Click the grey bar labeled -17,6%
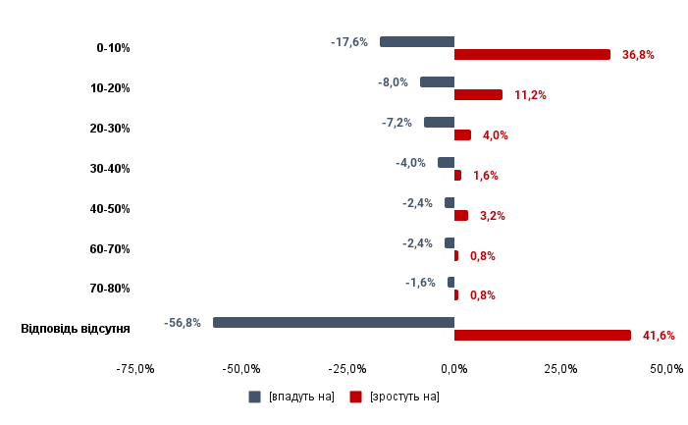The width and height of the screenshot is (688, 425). point(417,42)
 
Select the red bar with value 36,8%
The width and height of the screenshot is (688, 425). point(532,55)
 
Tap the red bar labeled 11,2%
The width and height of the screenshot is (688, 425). point(478,95)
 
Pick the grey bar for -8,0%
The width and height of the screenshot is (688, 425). point(437,82)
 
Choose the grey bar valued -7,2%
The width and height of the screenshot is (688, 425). point(439,123)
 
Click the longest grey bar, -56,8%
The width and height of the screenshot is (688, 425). point(334,322)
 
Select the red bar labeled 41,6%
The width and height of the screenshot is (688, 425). point(543,336)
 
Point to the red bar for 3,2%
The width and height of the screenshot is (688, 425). point(461,216)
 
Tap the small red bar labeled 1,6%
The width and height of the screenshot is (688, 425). point(457,176)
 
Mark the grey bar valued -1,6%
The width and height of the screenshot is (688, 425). point(450,283)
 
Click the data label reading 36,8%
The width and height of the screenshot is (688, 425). point(638,55)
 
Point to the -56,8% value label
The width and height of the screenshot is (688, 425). point(184,323)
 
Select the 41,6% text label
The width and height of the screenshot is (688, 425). point(659,336)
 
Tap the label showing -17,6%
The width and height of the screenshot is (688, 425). point(349,42)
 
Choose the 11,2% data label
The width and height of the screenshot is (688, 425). point(530,95)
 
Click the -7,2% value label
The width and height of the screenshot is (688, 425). point(397,123)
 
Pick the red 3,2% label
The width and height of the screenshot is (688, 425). point(492,216)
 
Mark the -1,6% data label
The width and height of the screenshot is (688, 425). point(420,283)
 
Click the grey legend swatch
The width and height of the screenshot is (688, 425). point(254,397)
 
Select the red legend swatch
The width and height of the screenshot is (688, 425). point(355,397)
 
